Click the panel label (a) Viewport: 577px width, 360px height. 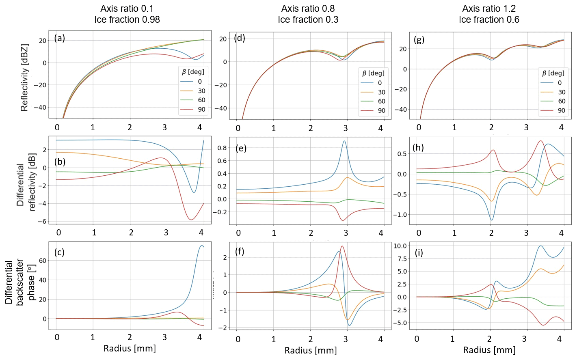(x=59, y=39)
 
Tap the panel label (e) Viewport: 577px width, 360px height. (x=241, y=148)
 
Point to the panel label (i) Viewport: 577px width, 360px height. (x=419, y=252)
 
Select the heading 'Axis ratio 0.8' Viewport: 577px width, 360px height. (x=308, y=9)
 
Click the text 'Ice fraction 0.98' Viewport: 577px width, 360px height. (x=127, y=19)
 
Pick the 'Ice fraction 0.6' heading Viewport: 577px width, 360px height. (x=489, y=19)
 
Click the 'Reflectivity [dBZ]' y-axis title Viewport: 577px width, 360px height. (x=25, y=78)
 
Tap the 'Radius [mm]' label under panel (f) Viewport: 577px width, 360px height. (x=311, y=350)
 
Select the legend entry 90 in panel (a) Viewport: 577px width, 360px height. (x=201, y=109)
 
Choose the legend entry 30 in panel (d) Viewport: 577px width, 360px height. (x=382, y=92)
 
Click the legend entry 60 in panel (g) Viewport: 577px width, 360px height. (x=562, y=101)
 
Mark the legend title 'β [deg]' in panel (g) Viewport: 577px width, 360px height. (x=553, y=73)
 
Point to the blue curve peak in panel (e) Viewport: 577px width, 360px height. (x=344, y=141)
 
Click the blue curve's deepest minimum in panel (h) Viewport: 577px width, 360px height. (x=492, y=220)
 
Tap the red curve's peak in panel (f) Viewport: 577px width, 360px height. (x=342, y=246)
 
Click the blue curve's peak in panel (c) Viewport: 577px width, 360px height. (x=201, y=245)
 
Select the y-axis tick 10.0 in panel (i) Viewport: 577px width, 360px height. (x=400, y=246)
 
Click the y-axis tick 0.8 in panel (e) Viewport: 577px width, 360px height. (x=222, y=148)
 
